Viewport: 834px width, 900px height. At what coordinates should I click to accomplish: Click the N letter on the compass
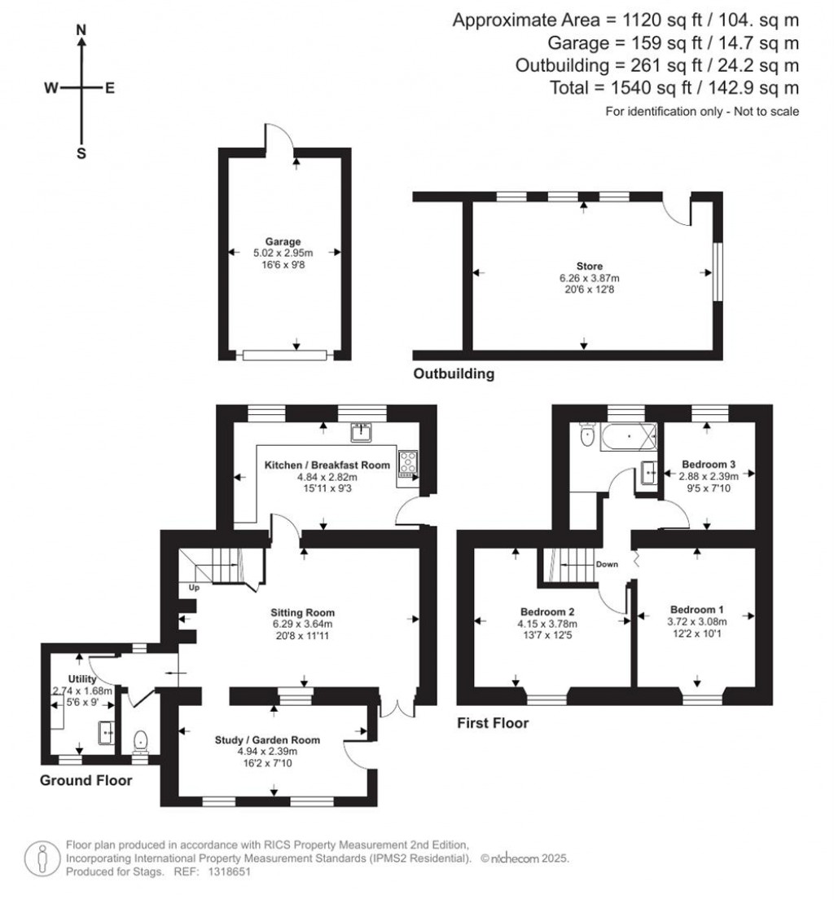[x=81, y=30]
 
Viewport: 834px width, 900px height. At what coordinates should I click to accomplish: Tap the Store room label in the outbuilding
[x=582, y=265]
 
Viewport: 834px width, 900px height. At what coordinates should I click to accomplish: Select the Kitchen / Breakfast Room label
[x=327, y=465]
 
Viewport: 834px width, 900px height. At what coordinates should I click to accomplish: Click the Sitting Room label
[x=303, y=612]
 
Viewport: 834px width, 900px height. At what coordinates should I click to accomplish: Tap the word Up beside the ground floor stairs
[x=194, y=587]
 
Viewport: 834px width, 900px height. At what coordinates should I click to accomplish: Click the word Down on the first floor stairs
[x=606, y=564]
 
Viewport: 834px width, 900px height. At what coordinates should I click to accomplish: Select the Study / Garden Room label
[x=267, y=740]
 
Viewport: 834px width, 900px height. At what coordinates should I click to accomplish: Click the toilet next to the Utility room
[x=141, y=739]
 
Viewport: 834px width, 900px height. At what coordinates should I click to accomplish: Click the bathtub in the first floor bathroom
[x=628, y=438]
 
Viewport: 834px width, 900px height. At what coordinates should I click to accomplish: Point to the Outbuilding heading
[x=454, y=375]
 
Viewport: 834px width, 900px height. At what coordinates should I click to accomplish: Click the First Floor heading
[x=493, y=723]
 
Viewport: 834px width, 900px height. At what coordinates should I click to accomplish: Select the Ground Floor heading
[x=86, y=780]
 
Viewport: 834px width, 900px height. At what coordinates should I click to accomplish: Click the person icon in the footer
[x=42, y=857]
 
